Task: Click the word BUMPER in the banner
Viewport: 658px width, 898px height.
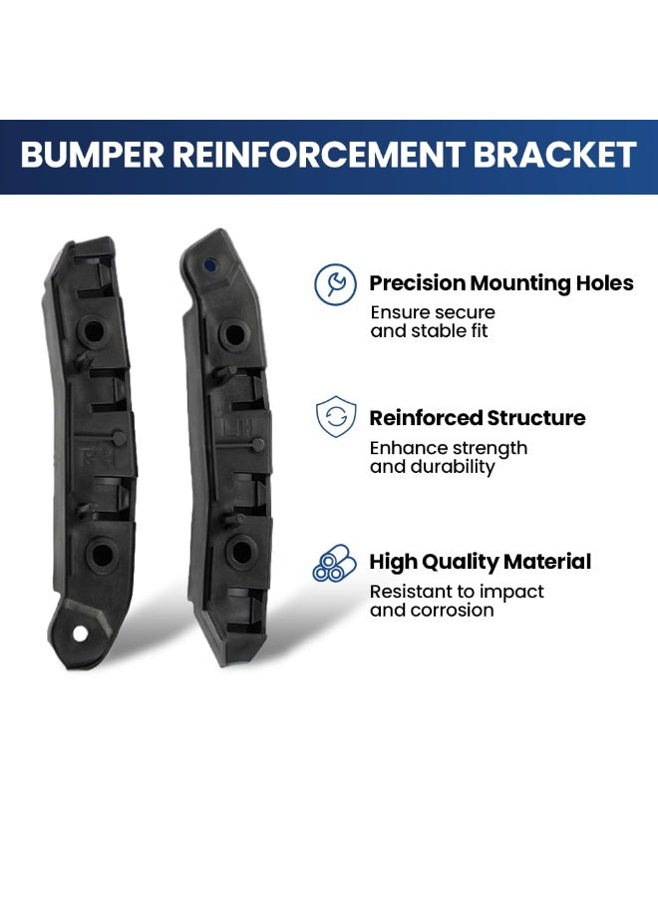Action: pyautogui.click(x=92, y=154)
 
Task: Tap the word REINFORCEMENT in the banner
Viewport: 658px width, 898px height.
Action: pyautogui.click(x=318, y=154)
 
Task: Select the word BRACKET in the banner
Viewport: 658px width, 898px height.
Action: pyautogui.click(x=555, y=154)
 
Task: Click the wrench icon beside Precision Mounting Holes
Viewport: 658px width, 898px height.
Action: pyautogui.click(x=335, y=284)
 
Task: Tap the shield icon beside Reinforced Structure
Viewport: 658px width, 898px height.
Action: pyautogui.click(x=336, y=416)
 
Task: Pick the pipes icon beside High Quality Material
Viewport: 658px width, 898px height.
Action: pyautogui.click(x=335, y=563)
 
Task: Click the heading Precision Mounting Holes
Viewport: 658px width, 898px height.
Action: pyautogui.click(x=501, y=283)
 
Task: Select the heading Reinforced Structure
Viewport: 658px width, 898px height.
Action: pyautogui.click(x=478, y=417)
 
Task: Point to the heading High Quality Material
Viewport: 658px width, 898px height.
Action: pyautogui.click(x=481, y=562)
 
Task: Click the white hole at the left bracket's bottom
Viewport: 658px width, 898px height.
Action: pyautogui.click(x=81, y=634)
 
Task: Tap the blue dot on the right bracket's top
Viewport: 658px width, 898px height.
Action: pyautogui.click(x=210, y=265)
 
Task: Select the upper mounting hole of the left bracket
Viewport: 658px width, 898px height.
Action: pyautogui.click(x=94, y=331)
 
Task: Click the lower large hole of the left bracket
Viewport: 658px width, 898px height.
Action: pyautogui.click(x=102, y=554)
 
